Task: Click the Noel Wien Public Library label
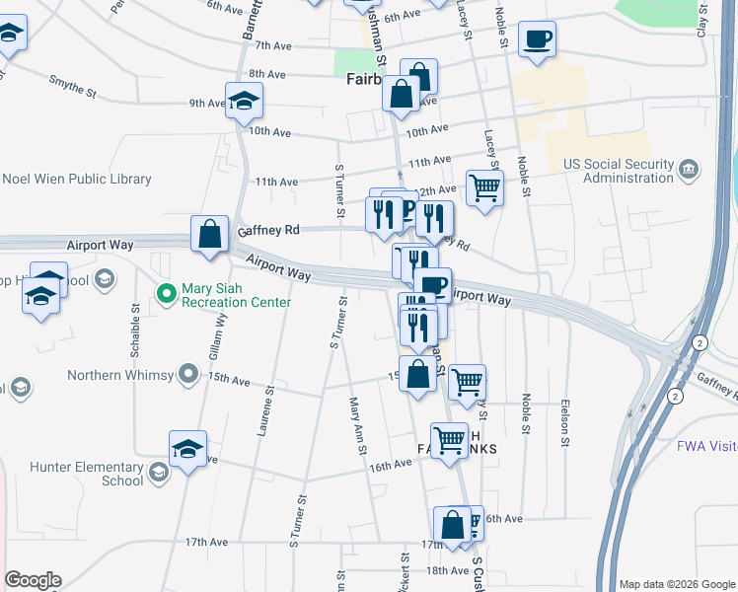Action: tap(77, 180)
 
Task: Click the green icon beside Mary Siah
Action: tap(166, 295)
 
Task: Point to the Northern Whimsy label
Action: tap(121, 375)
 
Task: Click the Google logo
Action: tap(33, 580)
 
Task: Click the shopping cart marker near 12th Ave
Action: tap(484, 186)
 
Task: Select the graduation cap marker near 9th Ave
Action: tap(244, 100)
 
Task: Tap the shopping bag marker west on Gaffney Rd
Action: tap(210, 235)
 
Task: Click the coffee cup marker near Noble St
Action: tap(537, 38)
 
